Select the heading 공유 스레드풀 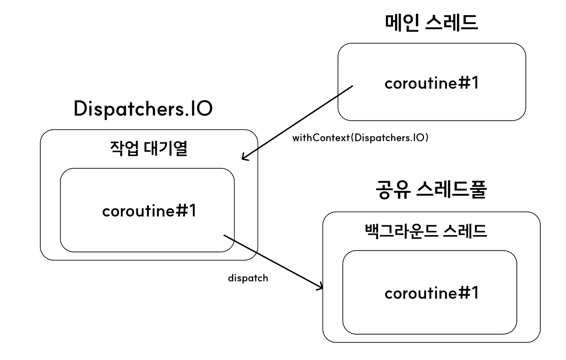pos(430,192)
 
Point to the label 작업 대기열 pos(149,149)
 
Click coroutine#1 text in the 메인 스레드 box pos(431,83)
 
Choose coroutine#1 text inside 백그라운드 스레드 pos(431,293)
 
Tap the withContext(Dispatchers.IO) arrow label pos(360,138)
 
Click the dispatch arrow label pos(248,279)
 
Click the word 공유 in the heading pos(390,192)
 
